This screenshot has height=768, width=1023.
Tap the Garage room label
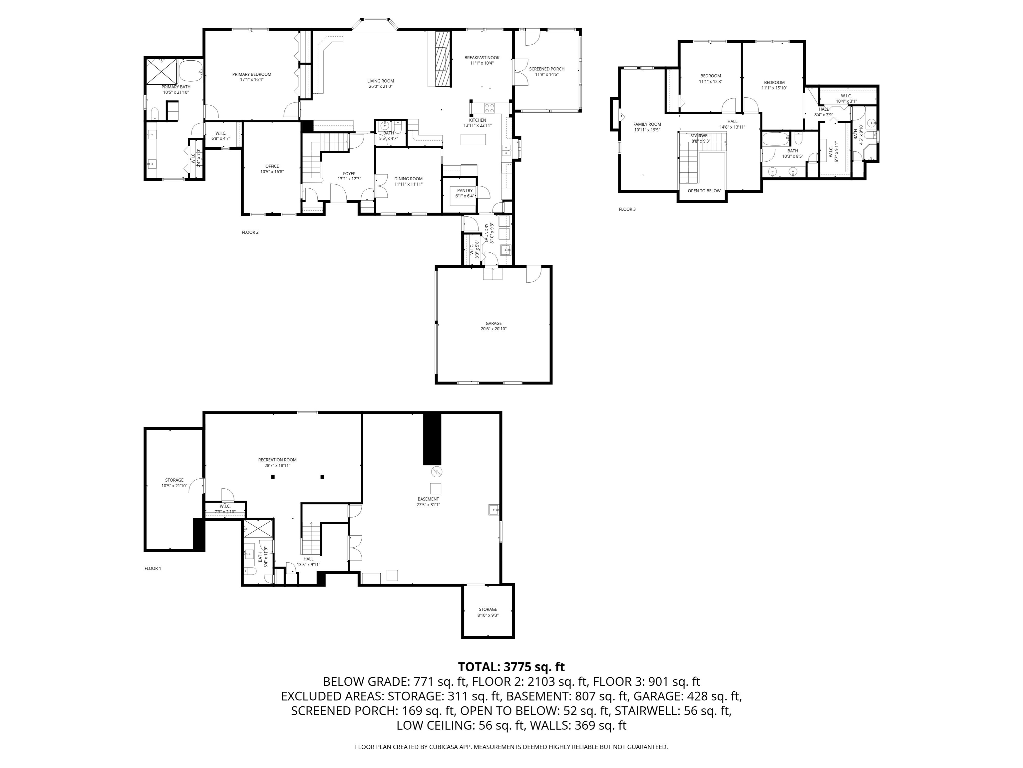(494, 324)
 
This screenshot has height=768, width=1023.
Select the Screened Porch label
(547, 69)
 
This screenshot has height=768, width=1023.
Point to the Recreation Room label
(277, 460)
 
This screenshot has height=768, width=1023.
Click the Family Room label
(647, 124)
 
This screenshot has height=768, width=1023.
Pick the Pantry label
(465, 190)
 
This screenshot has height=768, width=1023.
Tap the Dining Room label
(408, 179)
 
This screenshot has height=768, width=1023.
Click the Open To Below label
(704, 191)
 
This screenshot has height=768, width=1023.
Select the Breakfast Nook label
(482, 58)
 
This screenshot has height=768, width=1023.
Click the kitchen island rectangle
(473, 139)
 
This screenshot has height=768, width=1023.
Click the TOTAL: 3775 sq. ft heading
(511, 667)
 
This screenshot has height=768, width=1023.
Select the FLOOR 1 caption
(153, 568)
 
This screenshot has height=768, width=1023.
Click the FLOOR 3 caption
(627, 209)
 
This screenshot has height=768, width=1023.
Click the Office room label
(272, 166)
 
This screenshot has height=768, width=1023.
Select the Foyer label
(349, 174)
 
